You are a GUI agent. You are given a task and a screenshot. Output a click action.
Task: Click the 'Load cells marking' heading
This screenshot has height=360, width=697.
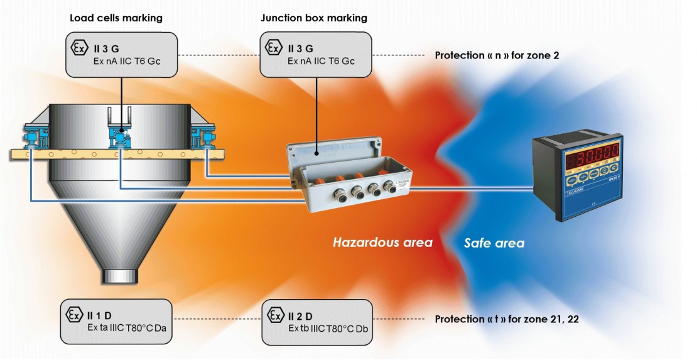point(116,18)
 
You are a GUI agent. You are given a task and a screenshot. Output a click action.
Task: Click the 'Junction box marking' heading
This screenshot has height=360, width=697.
point(314,18)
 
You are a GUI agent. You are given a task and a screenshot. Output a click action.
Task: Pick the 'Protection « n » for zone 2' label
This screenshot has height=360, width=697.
point(497,55)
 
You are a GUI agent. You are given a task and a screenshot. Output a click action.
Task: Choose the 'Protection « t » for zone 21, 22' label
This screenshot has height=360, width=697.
point(507,320)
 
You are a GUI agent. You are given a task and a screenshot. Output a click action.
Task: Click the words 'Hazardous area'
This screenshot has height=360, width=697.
point(382,243)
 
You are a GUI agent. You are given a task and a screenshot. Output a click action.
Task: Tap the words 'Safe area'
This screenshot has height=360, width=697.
point(494,243)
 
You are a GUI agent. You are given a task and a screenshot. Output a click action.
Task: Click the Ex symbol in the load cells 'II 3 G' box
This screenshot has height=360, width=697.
point(77,47)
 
